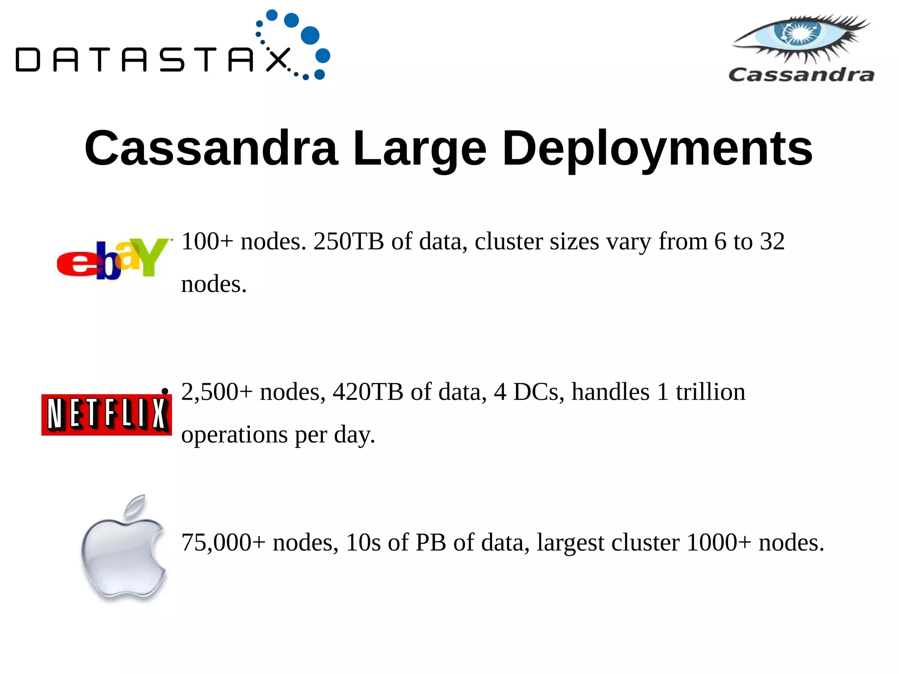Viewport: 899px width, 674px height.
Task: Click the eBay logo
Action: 113,259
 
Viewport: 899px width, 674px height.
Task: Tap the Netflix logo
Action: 107,414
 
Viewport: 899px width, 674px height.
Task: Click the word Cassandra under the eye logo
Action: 802,75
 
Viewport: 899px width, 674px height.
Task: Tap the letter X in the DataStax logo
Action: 278,60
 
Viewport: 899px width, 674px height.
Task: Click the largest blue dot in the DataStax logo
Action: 310,36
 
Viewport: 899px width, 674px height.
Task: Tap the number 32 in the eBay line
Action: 772,241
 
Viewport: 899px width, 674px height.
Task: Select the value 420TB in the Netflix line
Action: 368,392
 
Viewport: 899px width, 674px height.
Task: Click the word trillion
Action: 710,392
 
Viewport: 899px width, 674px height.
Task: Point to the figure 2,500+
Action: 217,392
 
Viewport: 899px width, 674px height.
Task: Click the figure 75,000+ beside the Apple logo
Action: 223,543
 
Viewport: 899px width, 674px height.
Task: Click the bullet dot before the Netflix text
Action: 165,391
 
